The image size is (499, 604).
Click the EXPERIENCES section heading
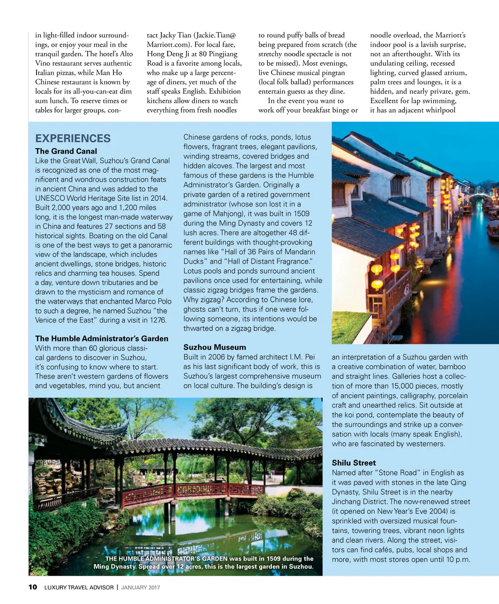point(73,138)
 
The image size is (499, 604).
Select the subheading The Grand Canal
point(66,151)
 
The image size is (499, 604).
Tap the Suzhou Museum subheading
point(214,347)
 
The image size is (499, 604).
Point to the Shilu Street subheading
point(354,463)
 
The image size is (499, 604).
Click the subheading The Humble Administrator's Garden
point(101,339)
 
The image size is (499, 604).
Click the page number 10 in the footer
point(33,587)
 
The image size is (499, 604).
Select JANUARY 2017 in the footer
point(140,587)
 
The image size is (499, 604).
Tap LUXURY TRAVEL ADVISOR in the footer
point(79,587)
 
